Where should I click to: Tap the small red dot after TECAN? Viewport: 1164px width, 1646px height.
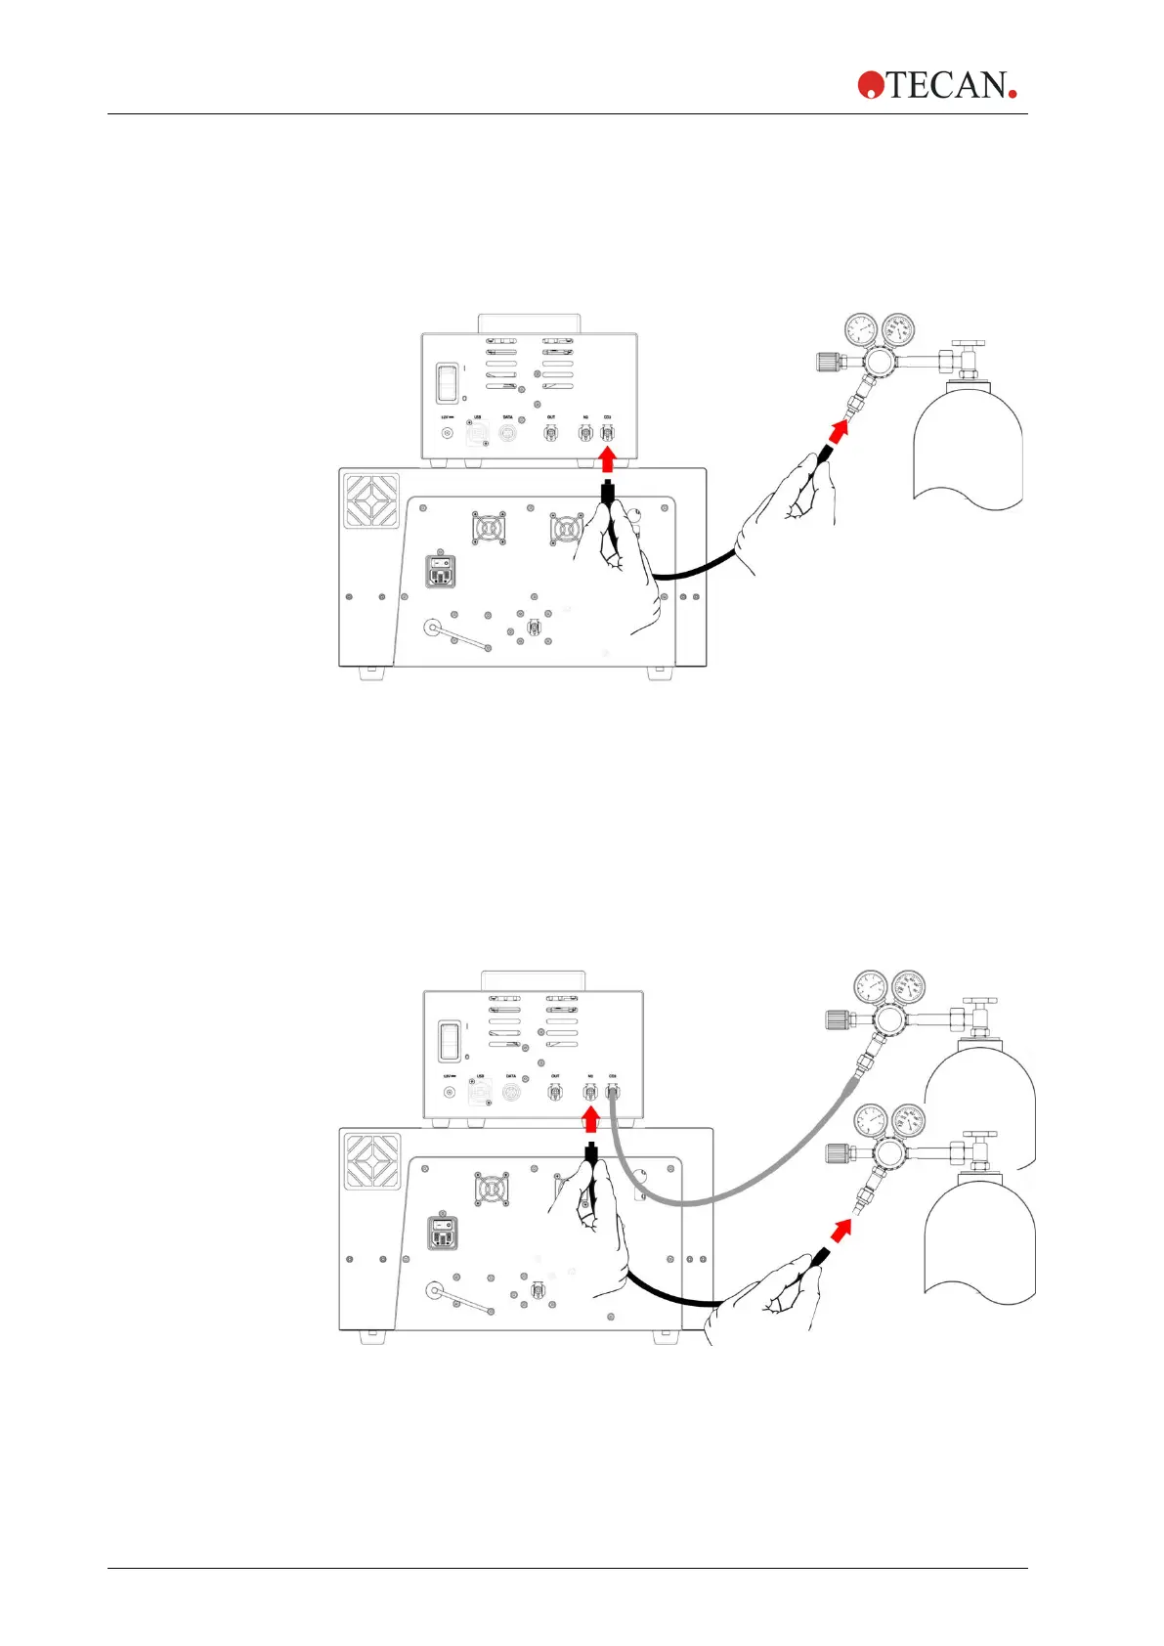point(1013,93)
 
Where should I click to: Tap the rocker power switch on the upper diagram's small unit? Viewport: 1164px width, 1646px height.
point(448,383)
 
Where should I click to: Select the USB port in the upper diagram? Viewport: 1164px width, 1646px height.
point(478,434)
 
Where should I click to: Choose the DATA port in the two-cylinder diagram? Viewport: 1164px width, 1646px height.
point(510,1092)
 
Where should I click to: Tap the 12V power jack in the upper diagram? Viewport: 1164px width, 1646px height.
point(448,433)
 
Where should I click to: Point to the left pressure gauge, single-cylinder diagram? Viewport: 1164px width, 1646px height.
point(861,329)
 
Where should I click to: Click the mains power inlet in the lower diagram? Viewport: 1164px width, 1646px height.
point(443,1234)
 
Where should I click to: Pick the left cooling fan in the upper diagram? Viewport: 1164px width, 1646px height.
point(488,528)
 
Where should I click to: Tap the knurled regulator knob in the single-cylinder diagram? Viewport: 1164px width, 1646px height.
point(829,362)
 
